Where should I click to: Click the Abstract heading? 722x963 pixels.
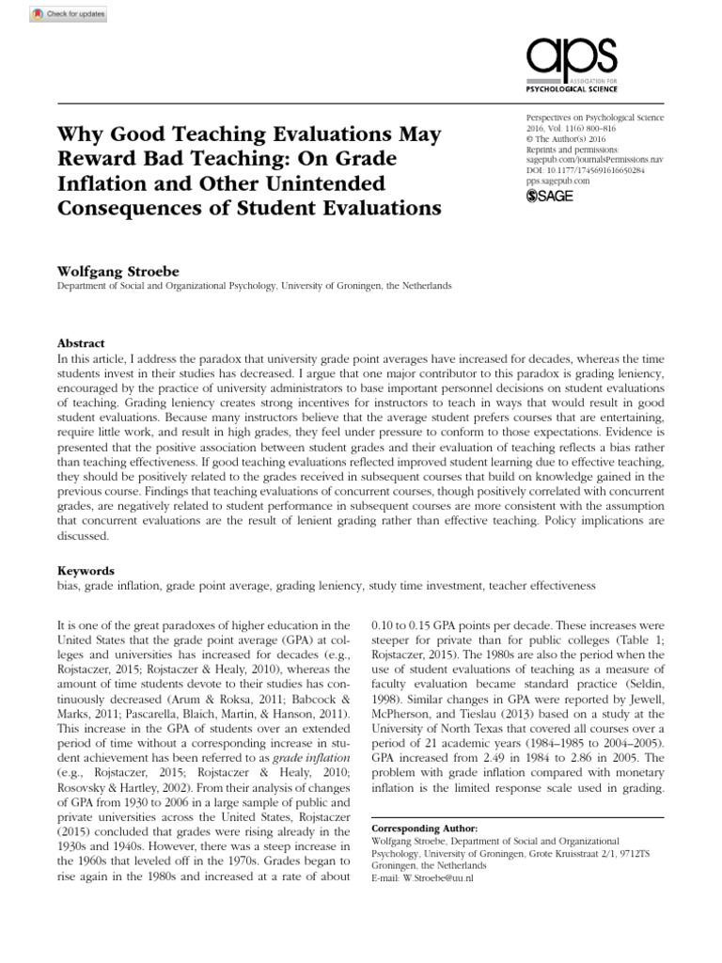click(x=81, y=343)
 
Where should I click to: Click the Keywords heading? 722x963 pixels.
click(x=86, y=570)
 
